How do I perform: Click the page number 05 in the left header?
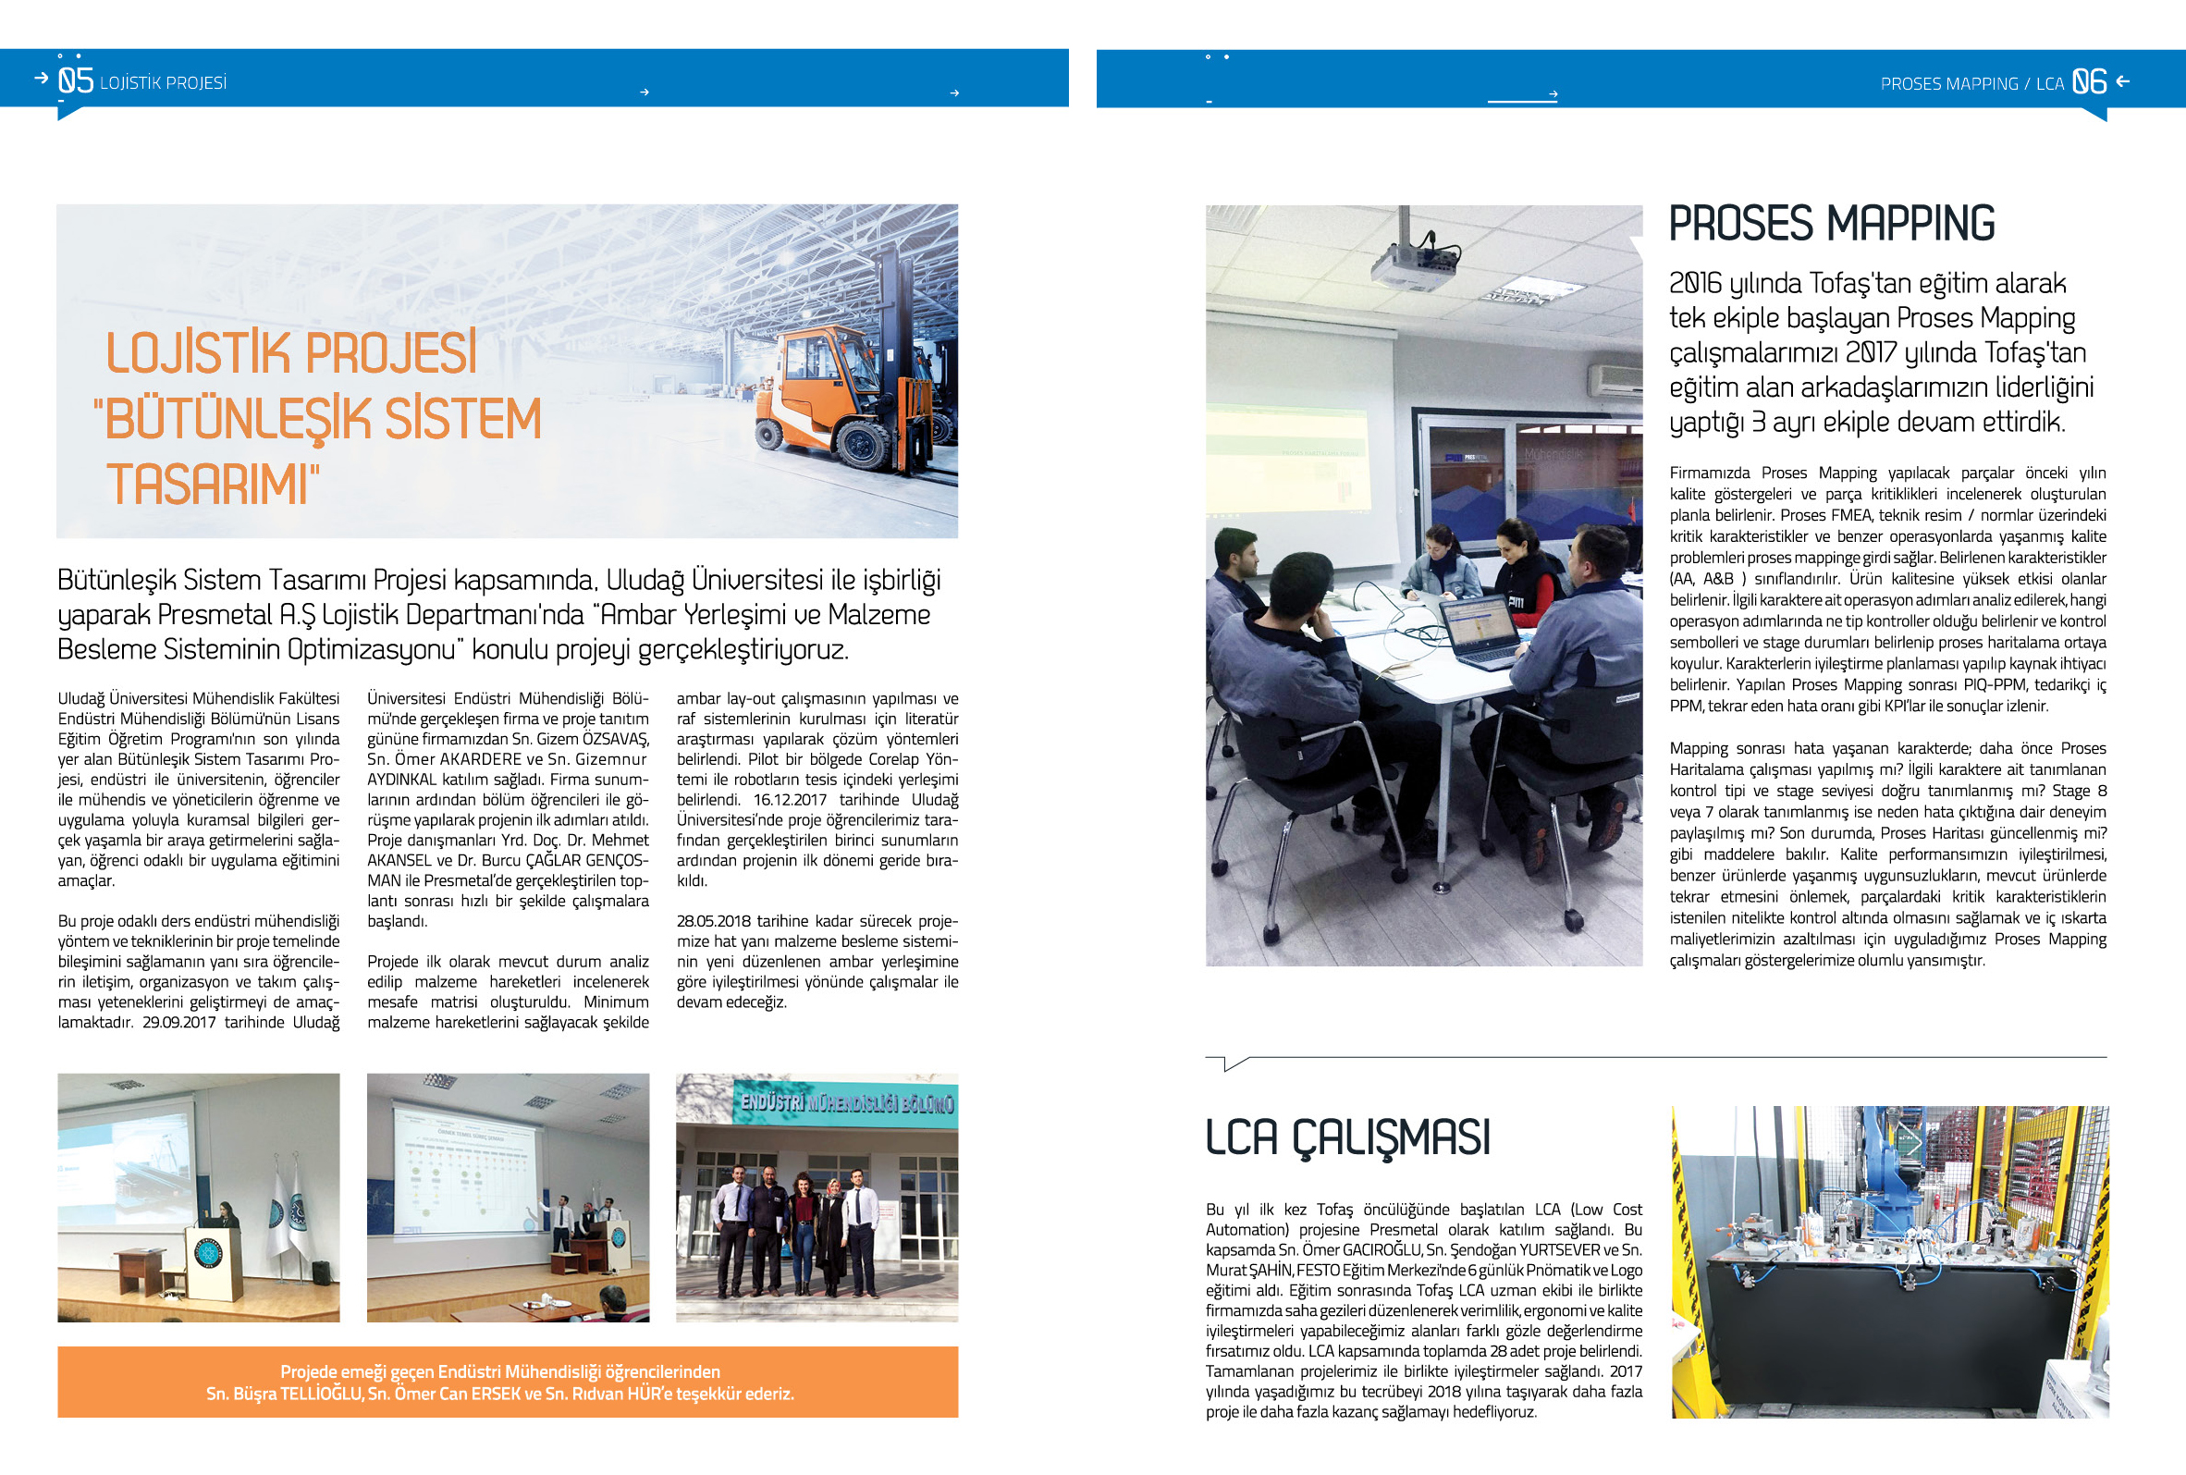pos(75,80)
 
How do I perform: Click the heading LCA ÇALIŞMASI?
pos(1347,1137)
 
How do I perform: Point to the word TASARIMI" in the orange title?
pos(213,485)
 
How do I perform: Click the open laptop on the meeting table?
pos(1480,631)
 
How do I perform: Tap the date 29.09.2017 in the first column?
pos(178,1023)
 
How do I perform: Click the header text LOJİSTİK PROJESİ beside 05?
pos(163,83)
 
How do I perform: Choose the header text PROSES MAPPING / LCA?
pos(1971,84)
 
